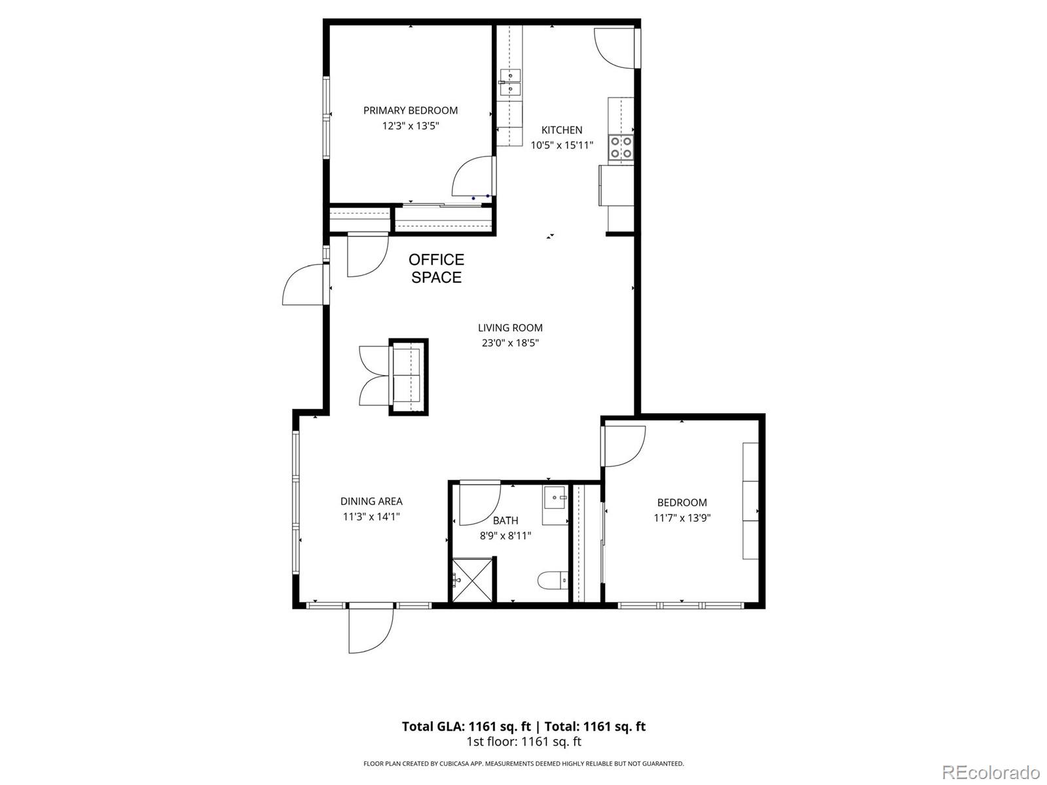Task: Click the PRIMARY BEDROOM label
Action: pos(411,111)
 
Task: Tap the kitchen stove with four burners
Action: pos(621,147)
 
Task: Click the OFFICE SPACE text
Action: pos(437,268)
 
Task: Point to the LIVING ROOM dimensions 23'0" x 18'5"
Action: pos(510,342)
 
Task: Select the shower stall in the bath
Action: pos(471,579)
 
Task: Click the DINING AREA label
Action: pos(371,502)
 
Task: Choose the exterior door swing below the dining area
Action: pos(371,630)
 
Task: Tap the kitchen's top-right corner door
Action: pos(614,48)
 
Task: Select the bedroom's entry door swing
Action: pos(624,446)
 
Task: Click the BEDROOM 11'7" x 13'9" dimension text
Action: pos(682,518)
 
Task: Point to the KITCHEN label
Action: pos(562,130)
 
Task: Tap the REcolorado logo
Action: pos(991,771)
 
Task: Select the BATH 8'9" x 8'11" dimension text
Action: pos(505,536)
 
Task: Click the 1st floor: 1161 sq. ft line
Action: pos(523,742)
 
